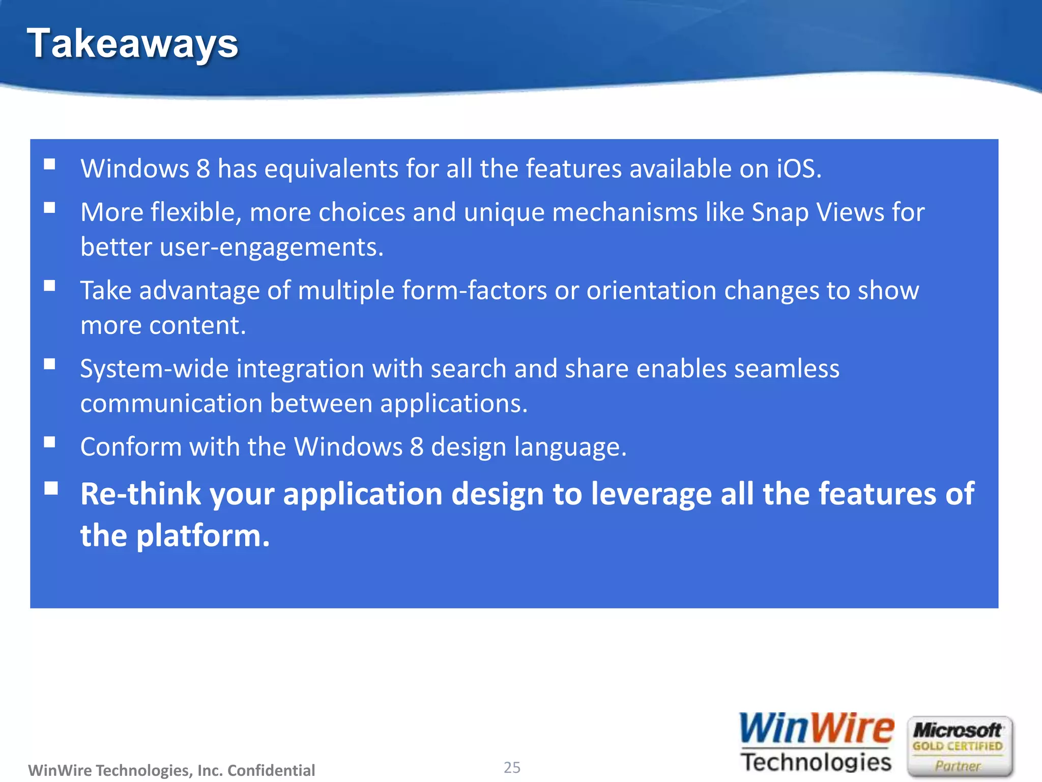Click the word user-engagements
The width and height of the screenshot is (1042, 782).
[272, 247]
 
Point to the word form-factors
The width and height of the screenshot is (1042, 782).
[474, 291]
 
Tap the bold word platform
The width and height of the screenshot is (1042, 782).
[202, 536]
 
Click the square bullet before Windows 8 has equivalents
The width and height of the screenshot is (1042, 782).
[49, 164]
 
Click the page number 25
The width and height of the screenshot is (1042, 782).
[512, 767]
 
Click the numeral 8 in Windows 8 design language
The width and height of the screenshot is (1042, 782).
[416, 447]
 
